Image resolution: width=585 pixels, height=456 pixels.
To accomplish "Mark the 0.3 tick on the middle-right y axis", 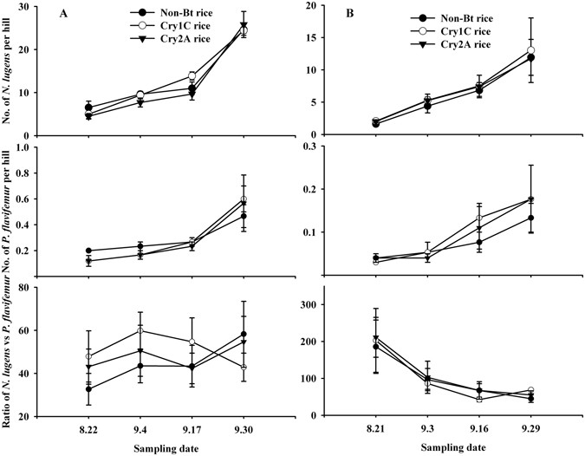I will [x=309, y=147].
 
